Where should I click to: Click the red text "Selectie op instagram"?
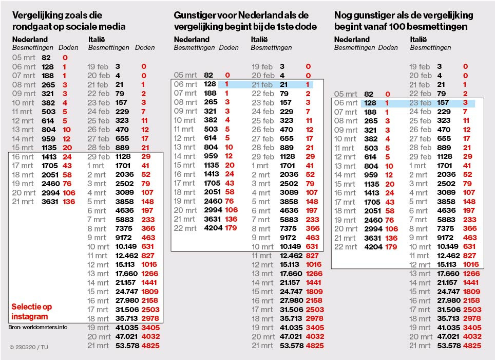click(x=31, y=312)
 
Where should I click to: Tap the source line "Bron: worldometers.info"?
click(x=38, y=327)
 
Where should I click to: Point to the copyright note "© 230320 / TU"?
click(x=29, y=347)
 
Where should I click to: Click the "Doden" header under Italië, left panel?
click(x=145, y=48)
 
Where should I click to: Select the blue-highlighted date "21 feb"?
click(x=262, y=85)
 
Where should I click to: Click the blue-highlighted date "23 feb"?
click(x=420, y=103)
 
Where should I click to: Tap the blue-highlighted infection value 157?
click(x=443, y=103)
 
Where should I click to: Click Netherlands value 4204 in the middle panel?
click(x=214, y=228)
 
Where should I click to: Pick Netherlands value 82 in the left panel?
click(x=46, y=58)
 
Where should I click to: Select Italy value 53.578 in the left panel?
click(x=127, y=346)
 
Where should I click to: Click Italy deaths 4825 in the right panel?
click(x=472, y=346)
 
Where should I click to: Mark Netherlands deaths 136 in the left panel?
click(x=69, y=202)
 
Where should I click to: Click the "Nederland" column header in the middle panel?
click(x=192, y=40)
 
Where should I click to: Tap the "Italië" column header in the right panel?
click(x=418, y=40)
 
